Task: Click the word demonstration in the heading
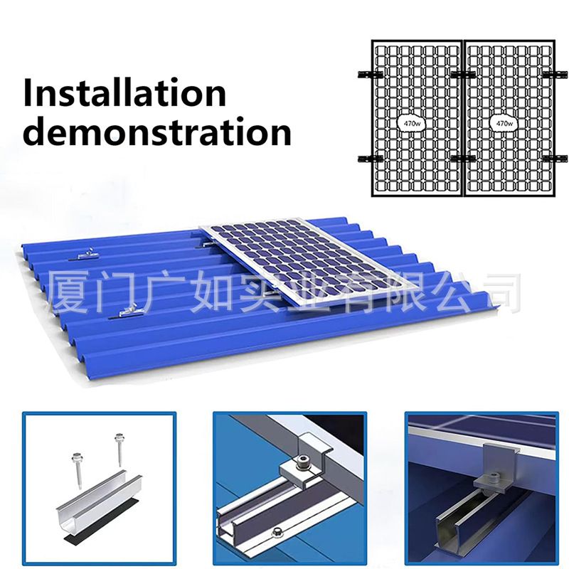point(157,131)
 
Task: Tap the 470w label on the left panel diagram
point(411,123)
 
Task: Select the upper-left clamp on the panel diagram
point(370,75)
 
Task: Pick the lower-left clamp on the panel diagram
point(370,159)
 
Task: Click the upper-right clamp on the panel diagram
point(555,75)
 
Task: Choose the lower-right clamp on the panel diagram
point(555,159)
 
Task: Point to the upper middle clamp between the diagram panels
point(464,75)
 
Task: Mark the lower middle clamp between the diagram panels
point(464,159)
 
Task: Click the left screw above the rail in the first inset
point(78,469)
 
